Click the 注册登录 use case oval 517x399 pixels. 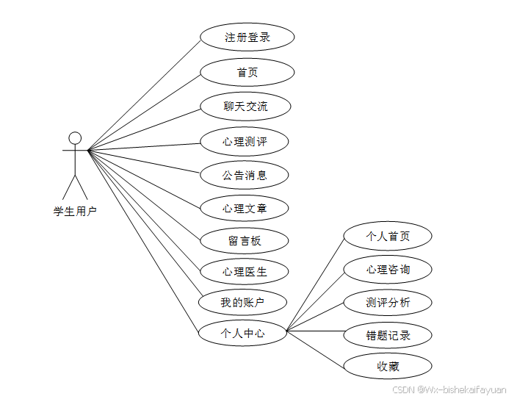pos(247,37)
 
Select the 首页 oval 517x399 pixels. pos(247,72)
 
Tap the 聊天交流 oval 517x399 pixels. pos(245,107)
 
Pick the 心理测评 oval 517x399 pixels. pos(245,141)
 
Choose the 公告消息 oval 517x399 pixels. pos(245,175)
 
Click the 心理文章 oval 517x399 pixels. pos(245,209)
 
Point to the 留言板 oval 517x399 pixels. pos(245,240)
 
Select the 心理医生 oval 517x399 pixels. pos(245,272)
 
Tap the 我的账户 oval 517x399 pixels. pos(242,302)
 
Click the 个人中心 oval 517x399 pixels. pos(242,333)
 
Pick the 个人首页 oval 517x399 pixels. pos(388,237)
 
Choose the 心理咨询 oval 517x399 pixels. pos(388,270)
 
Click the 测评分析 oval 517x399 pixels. pos(388,302)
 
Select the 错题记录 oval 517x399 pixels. pos(388,335)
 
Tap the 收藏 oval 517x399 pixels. pos(388,366)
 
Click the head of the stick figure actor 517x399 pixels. pos(75,137)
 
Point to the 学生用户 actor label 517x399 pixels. pos(75,212)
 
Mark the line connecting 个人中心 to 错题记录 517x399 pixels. pos(315,331)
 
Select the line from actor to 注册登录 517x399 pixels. pos(144,95)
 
